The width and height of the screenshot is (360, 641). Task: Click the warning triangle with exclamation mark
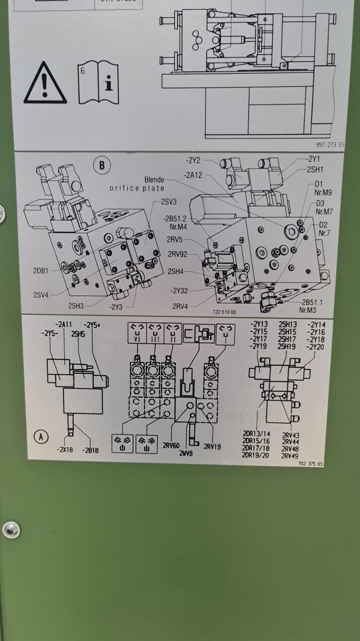(45, 83)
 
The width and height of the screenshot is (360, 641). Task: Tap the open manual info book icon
(98, 83)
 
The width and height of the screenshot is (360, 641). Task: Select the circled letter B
(102, 166)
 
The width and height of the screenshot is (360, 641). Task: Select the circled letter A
(42, 437)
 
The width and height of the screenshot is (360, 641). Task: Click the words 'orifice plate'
(137, 188)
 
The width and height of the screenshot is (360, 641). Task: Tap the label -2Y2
(193, 161)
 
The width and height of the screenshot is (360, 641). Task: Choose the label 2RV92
(177, 254)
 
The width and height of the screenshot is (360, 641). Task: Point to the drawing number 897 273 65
(330, 145)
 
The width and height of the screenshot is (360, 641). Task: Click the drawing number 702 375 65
(310, 464)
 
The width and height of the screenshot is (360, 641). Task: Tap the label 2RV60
(171, 446)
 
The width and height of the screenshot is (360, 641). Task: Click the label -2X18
(64, 450)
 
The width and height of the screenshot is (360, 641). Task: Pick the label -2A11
(65, 324)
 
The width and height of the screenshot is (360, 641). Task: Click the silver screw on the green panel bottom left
(11, 529)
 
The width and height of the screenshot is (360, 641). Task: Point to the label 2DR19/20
(256, 455)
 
